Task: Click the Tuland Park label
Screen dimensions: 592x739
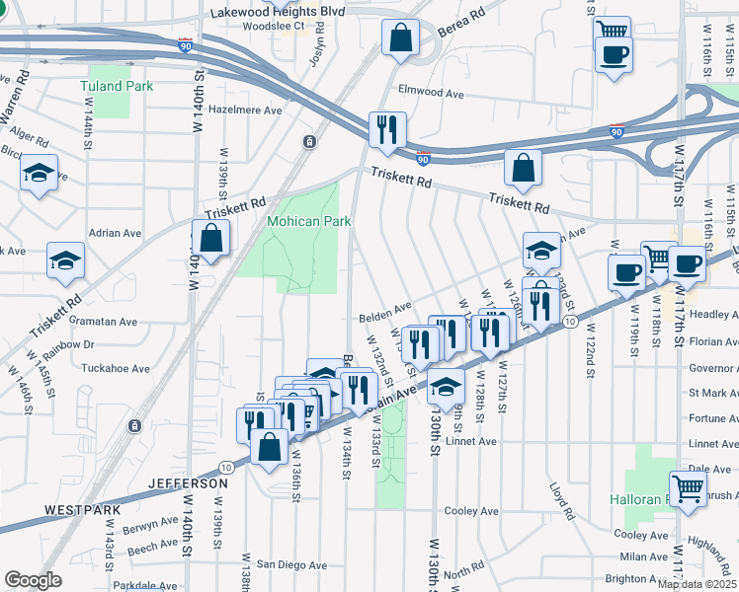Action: point(117,86)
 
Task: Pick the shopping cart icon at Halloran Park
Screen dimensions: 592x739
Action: point(688,487)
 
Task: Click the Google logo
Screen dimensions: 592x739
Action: point(33,580)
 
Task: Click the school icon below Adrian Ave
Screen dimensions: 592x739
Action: point(66,260)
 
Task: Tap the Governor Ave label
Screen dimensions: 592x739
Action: point(714,368)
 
